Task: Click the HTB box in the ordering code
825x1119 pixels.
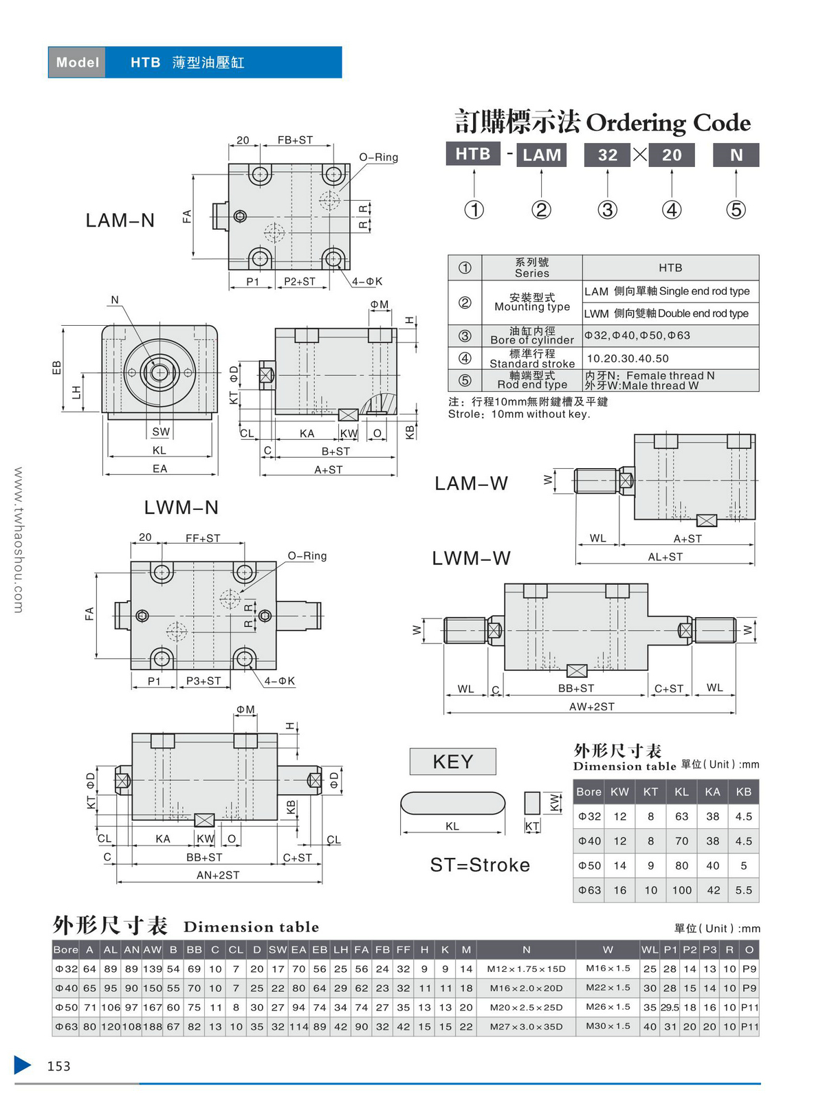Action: tap(473, 154)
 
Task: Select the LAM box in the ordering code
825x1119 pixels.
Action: tap(542, 155)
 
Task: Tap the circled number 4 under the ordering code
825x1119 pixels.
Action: tap(672, 210)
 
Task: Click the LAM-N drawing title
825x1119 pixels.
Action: tap(120, 221)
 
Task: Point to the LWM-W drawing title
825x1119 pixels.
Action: tap(471, 559)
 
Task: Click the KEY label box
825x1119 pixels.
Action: tap(453, 762)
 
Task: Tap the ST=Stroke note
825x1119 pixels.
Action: tap(480, 865)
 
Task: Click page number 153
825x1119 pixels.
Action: tap(58, 1066)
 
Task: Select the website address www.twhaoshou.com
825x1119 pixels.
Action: tap(19, 540)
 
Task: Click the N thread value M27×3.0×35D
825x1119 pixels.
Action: tap(526, 1027)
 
